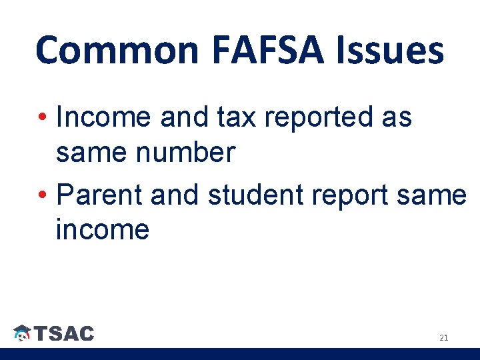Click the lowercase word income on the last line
103,230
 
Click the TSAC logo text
64,333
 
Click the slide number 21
444,338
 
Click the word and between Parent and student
175,195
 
